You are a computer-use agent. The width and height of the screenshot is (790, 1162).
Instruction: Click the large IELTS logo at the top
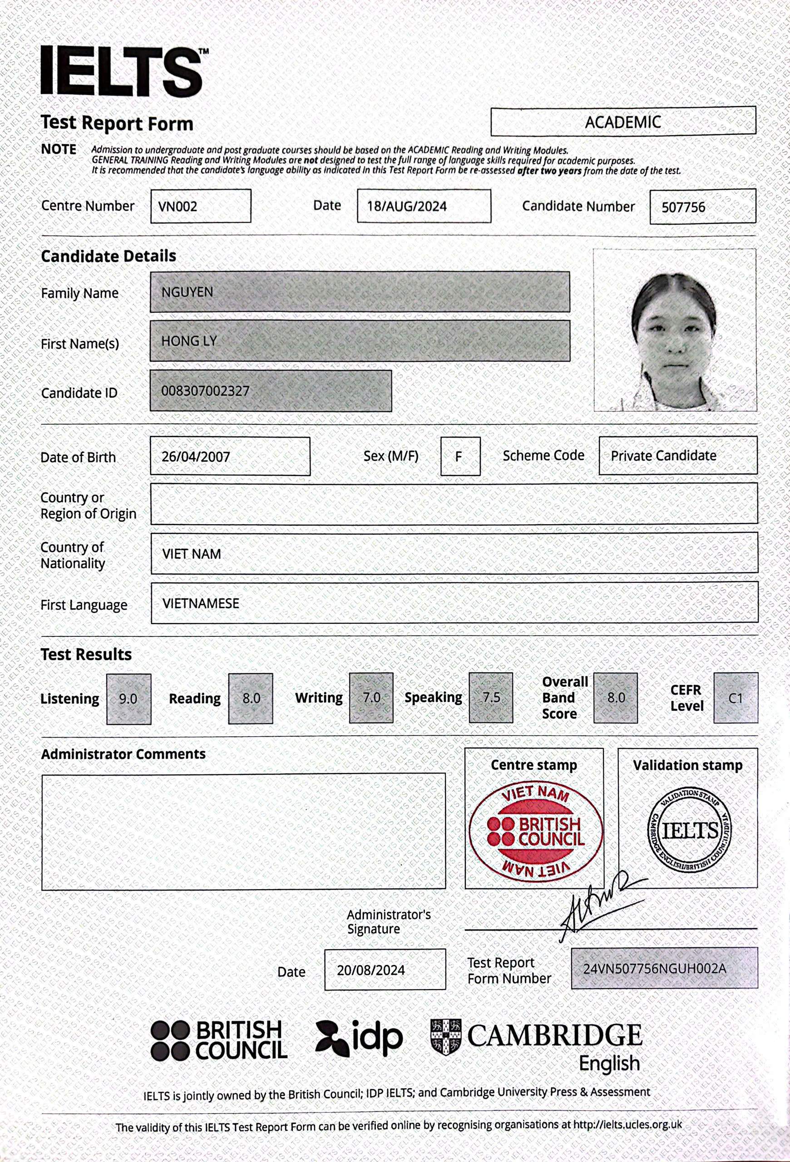123,70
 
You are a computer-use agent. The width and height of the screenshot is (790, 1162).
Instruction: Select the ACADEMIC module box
622,122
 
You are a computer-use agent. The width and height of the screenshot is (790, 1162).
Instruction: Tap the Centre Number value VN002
178,207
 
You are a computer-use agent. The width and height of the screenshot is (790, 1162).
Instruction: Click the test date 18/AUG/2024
407,207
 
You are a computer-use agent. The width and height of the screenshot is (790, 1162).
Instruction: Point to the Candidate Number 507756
683,207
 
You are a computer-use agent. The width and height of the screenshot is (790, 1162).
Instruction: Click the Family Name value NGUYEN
188,292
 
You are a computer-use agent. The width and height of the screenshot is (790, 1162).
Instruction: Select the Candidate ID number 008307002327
205,391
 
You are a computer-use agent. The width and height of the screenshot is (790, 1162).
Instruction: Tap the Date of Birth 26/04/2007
196,457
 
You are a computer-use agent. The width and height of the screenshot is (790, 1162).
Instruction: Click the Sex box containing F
459,457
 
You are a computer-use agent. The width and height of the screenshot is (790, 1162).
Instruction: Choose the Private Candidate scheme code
663,456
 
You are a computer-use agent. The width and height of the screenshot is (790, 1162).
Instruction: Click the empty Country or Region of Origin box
454,503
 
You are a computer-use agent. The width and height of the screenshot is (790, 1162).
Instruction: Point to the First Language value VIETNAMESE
201,604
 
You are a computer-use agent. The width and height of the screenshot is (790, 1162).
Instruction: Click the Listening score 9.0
128,699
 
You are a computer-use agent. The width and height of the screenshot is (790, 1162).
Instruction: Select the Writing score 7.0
371,698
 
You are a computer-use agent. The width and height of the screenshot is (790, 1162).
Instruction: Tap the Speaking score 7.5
491,698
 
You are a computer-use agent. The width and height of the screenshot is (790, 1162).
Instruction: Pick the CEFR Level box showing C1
736,698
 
